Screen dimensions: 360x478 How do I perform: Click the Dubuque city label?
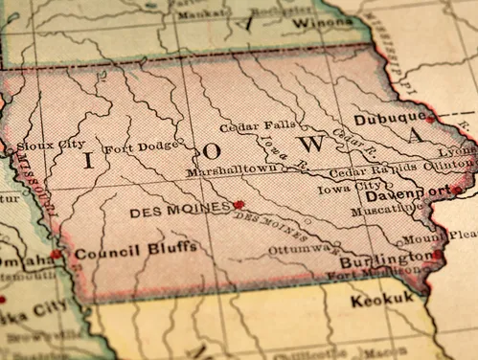[387, 120]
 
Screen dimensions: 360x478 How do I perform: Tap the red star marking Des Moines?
[239, 204]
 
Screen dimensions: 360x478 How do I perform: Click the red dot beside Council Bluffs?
[57, 255]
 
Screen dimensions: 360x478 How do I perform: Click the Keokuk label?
[383, 300]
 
